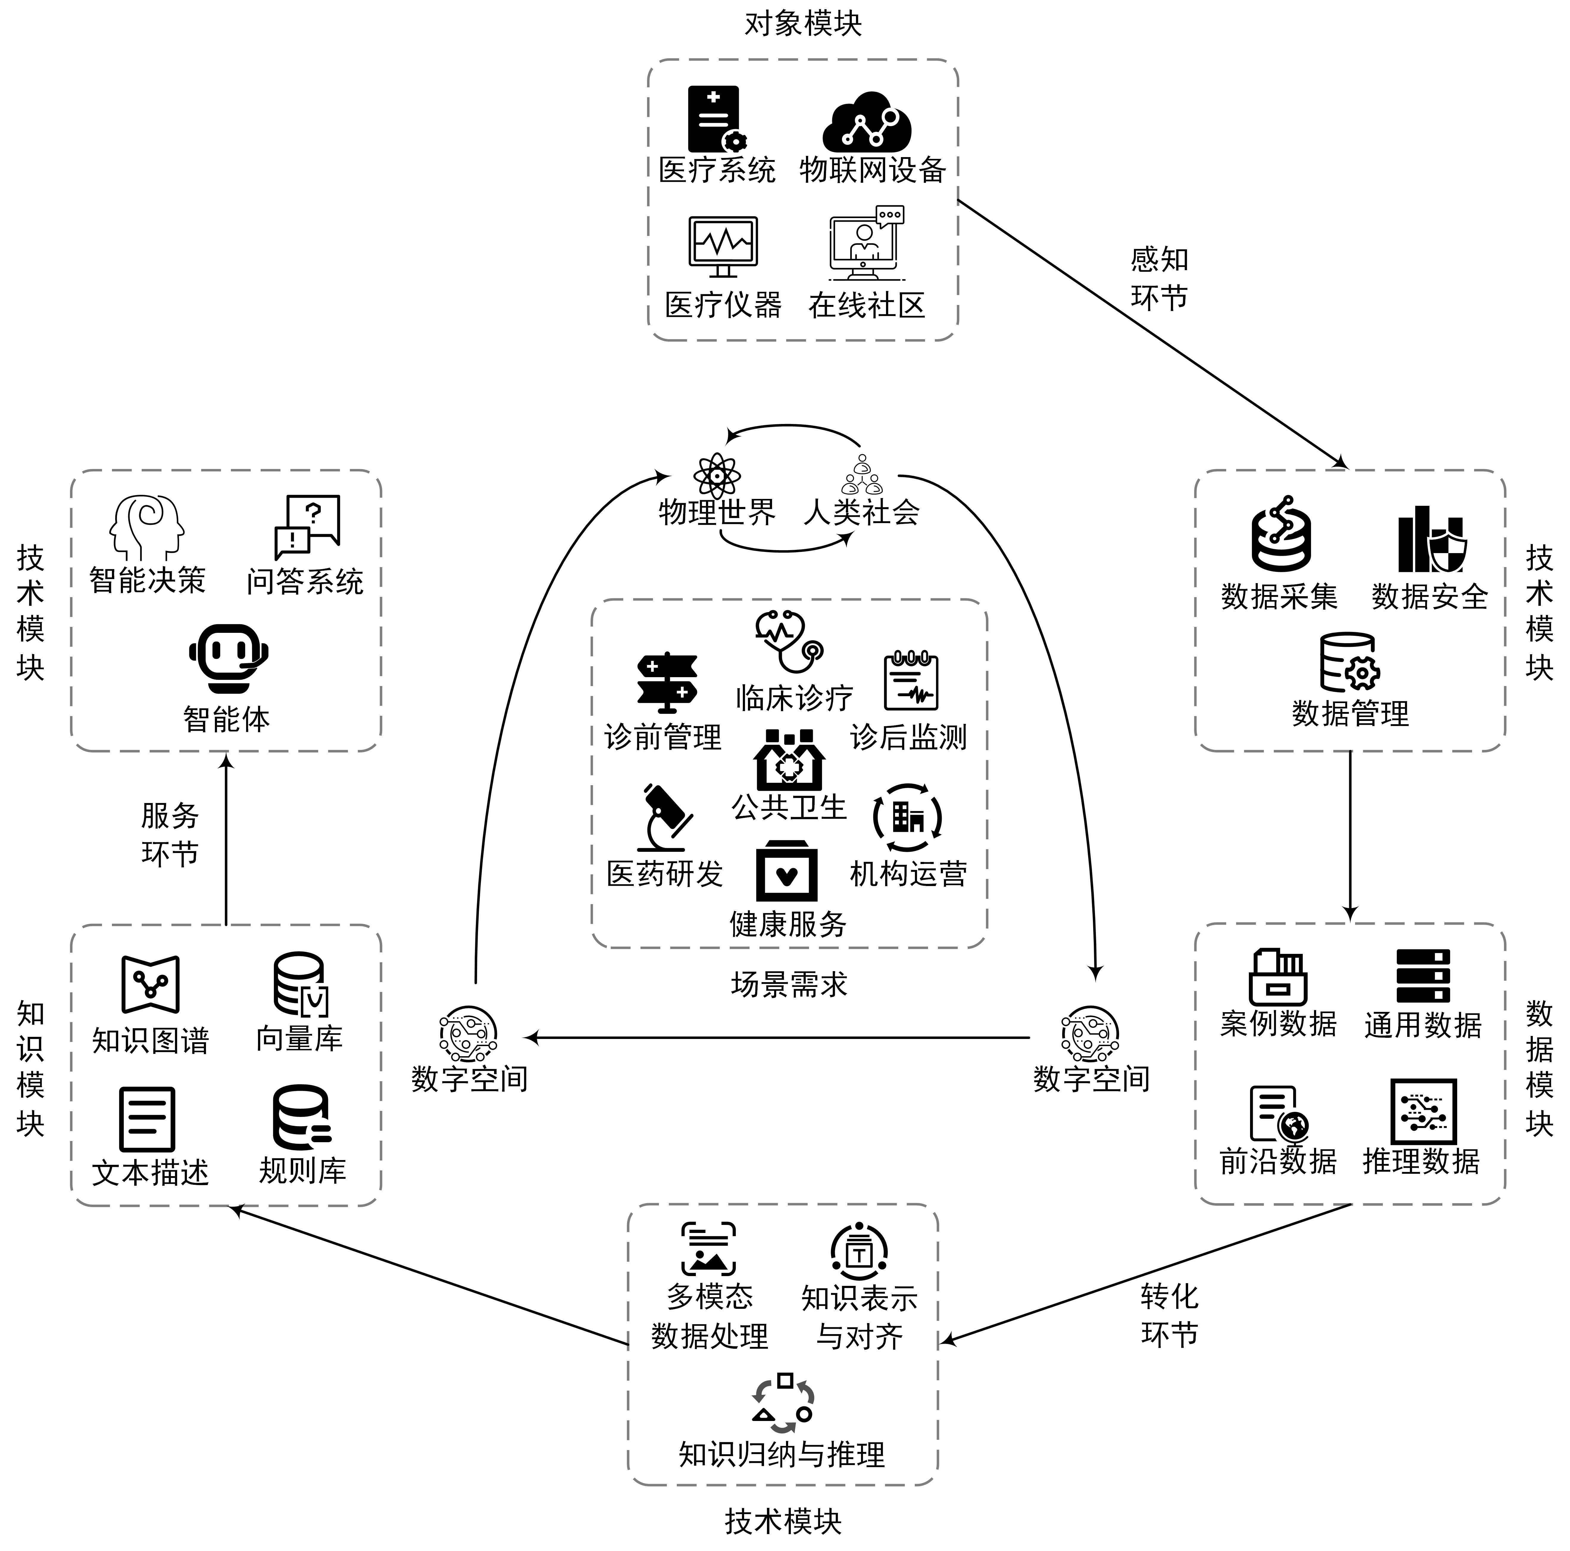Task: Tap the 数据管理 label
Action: (x=1350, y=713)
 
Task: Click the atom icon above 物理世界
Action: (x=716, y=475)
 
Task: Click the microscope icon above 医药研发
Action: (x=665, y=816)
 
